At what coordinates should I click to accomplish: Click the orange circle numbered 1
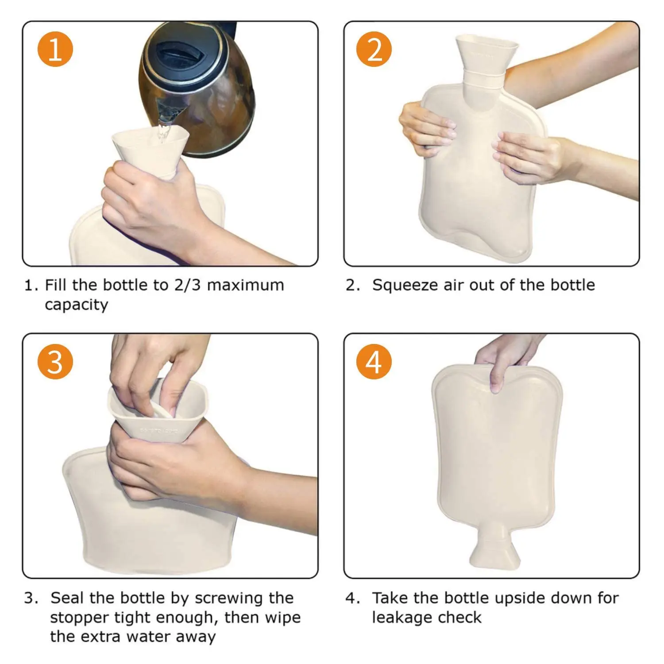tap(55, 49)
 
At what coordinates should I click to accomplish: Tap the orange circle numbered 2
tap(374, 49)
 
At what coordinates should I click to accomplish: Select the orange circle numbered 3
tap(55, 362)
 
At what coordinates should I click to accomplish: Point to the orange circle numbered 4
tap(374, 362)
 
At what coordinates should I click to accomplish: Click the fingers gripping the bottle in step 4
tap(498, 372)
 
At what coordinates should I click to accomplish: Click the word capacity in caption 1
tap(76, 305)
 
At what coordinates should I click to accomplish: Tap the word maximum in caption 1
tap(245, 285)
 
